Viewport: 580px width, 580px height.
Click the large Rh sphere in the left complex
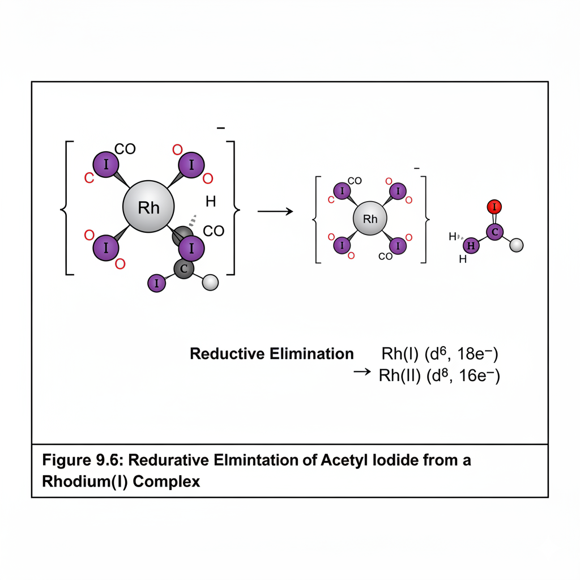(x=149, y=207)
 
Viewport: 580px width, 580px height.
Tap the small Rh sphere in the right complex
(x=370, y=219)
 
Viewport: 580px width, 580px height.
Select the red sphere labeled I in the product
(x=494, y=207)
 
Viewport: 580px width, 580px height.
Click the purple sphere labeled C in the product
(x=494, y=232)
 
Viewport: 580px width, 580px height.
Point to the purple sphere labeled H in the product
(x=471, y=246)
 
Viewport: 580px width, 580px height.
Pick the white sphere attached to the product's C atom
(x=517, y=245)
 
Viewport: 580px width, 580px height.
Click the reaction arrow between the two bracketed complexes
(x=275, y=211)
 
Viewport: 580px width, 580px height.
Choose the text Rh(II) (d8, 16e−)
(x=439, y=376)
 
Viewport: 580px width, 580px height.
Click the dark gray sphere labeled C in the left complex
(x=183, y=269)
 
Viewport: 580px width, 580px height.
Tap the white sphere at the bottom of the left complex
(x=210, y=282)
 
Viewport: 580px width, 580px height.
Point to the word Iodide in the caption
(x=395, y=460)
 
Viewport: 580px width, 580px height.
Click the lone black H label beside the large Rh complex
(x=211, y=201)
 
